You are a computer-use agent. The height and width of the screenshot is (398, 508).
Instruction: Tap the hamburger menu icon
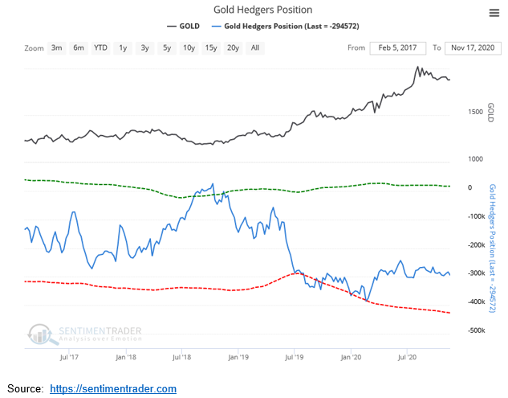click(494, 11)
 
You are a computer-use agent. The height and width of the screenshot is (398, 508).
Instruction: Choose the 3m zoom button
click(57, 48)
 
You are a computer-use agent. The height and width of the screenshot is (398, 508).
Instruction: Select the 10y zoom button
click(189, 48)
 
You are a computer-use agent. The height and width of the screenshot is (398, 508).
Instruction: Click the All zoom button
click(254, 48)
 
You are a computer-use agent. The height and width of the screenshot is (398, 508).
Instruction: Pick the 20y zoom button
click(233, 48)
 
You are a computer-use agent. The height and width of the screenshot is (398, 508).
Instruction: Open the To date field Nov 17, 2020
click(473, 48)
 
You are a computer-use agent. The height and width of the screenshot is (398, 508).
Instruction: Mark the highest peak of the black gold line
click(418, 68)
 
